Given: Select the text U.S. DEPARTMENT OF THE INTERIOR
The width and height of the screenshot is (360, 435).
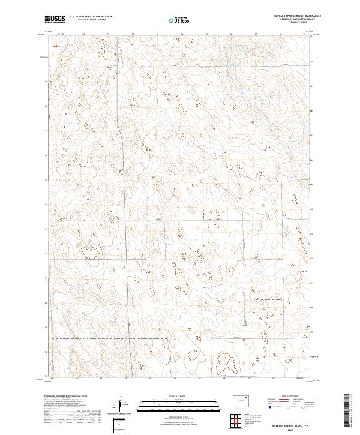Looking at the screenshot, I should pos(90,17).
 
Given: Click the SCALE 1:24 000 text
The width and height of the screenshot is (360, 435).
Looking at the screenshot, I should pos(173,396).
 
